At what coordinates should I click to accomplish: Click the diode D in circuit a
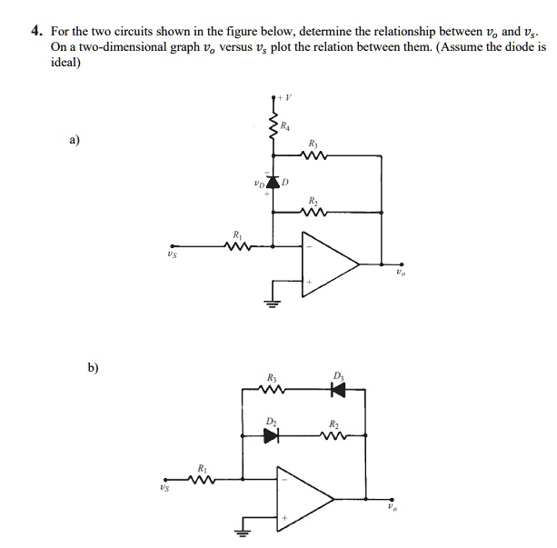click(x=274, y=183)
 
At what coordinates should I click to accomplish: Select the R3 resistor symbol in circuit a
click(x=313, y=155)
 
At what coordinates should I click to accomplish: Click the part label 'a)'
click(x=73, y=141)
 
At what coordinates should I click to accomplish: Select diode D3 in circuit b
click(x=339, y=390)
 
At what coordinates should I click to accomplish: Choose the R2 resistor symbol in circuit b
click(x=335, y=435)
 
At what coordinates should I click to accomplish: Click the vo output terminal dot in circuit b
click(x=393, y=498)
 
